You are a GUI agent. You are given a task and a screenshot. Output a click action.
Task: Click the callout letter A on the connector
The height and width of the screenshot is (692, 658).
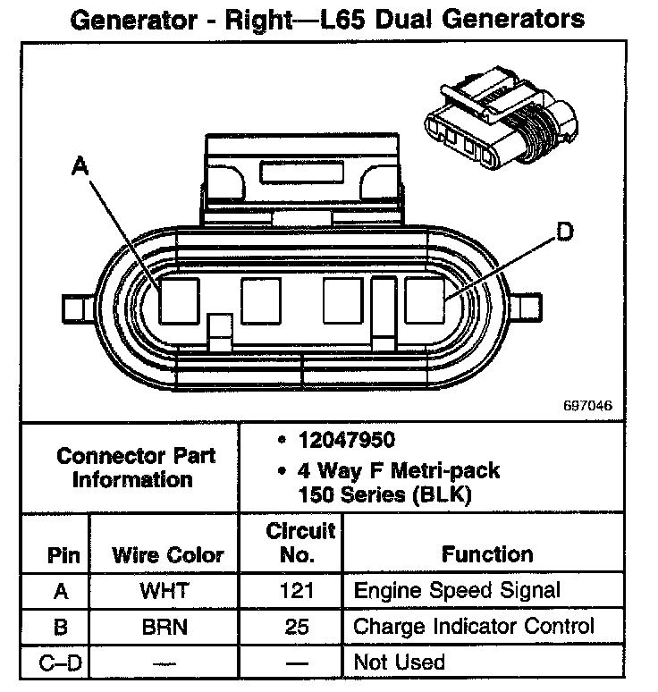tap(80, 165)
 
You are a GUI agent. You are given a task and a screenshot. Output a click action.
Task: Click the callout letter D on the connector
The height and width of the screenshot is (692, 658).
tap(563, 232)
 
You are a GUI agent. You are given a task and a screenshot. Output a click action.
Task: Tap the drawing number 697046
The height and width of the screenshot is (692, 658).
tap(588, 405)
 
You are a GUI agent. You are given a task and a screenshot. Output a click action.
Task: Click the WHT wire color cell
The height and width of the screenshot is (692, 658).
tap(164, 590)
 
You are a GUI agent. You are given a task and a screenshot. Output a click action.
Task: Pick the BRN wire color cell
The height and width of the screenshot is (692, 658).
tap(164, 627)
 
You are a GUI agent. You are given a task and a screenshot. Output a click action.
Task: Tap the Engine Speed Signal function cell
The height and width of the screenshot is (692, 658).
tap(457, 590)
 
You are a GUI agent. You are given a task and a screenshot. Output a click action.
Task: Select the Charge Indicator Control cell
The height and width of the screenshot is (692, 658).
tap(474, 627)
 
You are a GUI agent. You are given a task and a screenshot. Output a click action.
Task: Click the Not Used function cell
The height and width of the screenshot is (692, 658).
tap(399, 662)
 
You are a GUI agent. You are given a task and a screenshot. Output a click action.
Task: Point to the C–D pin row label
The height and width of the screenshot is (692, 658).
tap(60, 662)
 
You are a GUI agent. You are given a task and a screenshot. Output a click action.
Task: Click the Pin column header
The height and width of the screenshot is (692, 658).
tap(63, 555)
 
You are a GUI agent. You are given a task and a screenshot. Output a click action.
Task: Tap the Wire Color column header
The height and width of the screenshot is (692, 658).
tap(168, 555)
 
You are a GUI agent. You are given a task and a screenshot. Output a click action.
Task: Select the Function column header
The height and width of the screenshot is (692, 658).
tap(487, 555)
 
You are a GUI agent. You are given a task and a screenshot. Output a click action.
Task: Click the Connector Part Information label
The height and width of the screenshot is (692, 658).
tap(136, 467)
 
